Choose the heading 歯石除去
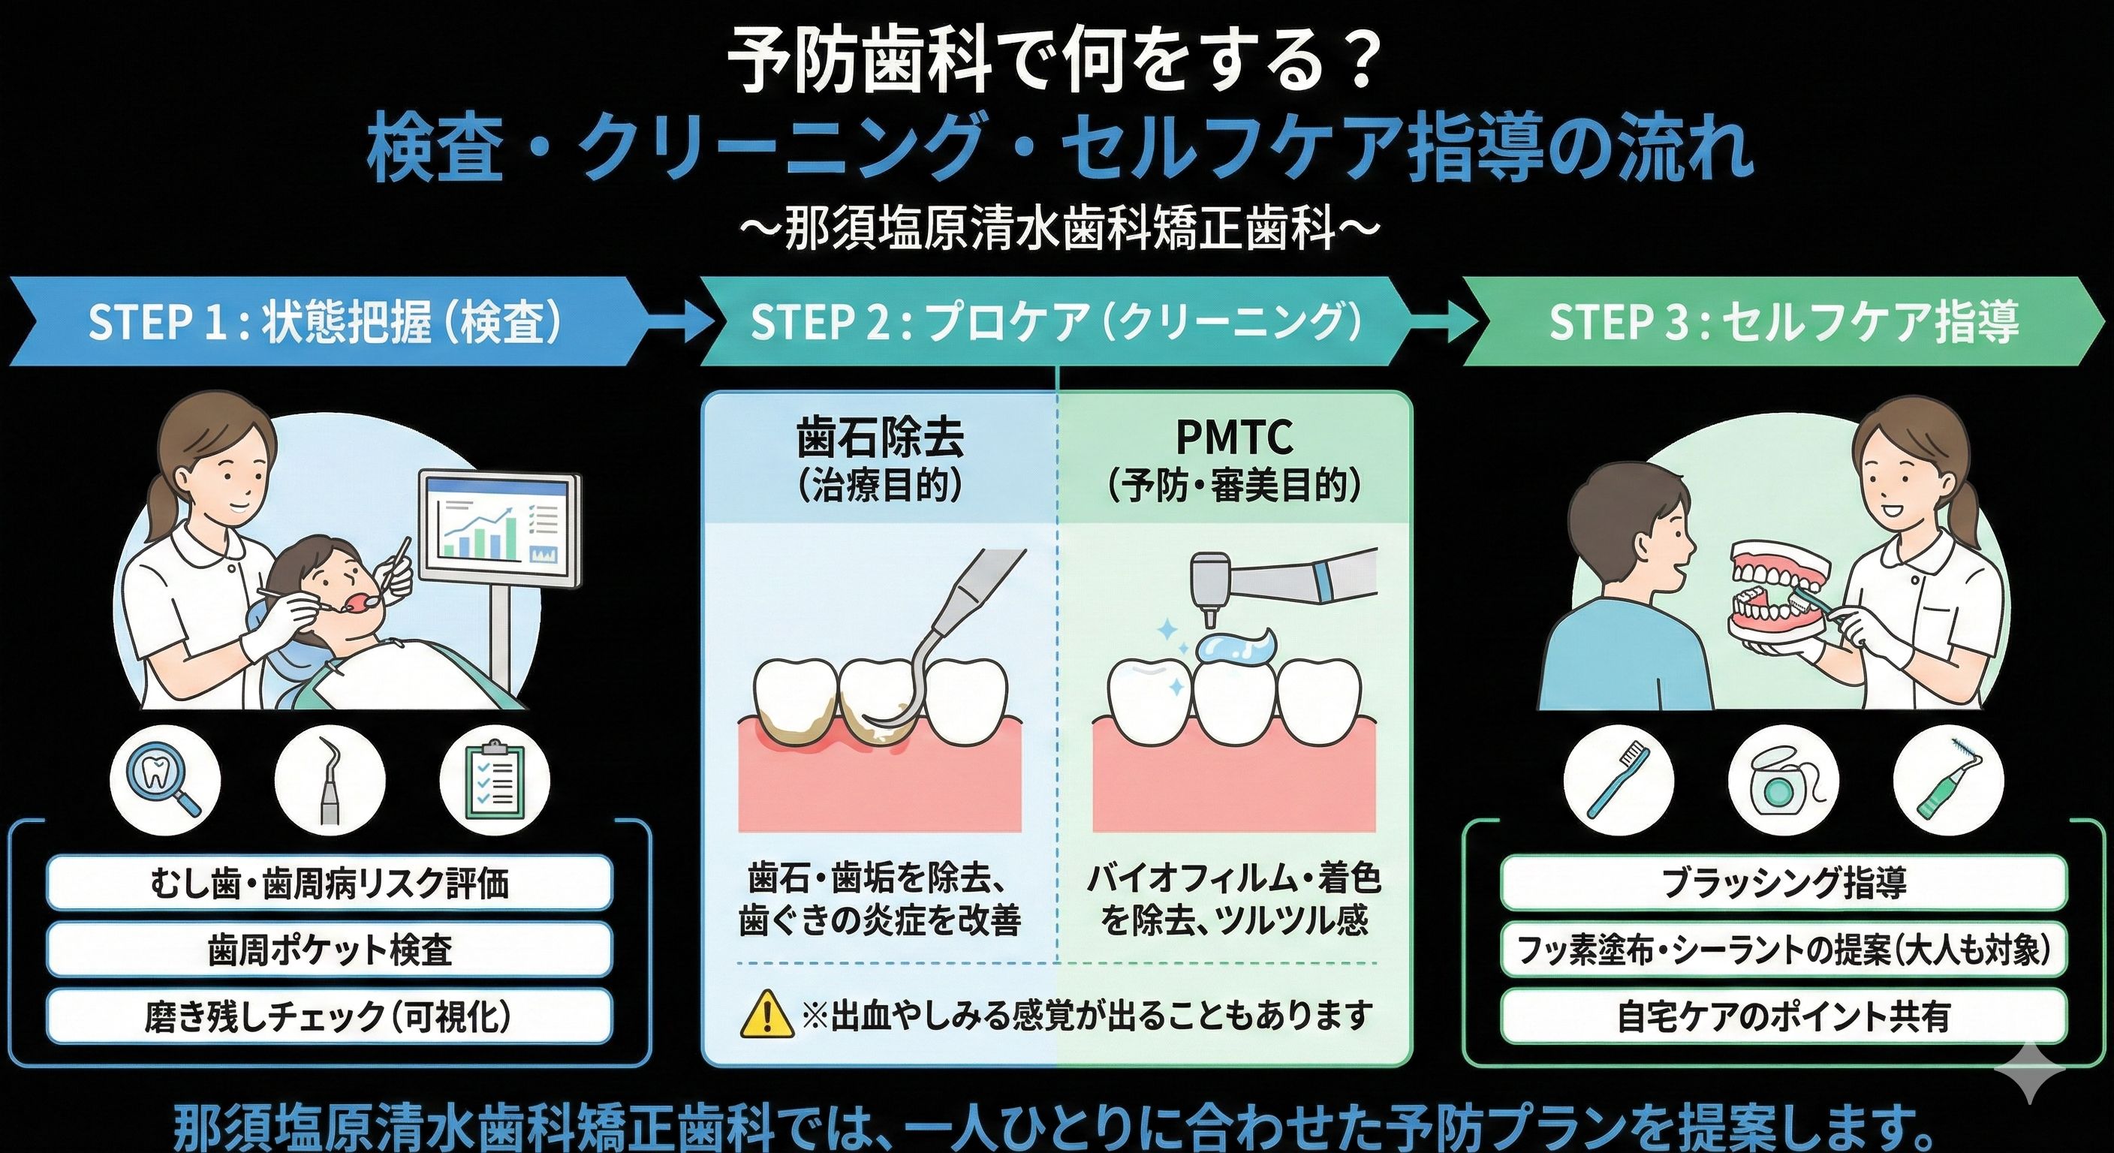(880, 439)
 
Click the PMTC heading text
(1234, 438)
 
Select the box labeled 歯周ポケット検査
(330, 950)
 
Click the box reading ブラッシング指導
(1782, 883)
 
